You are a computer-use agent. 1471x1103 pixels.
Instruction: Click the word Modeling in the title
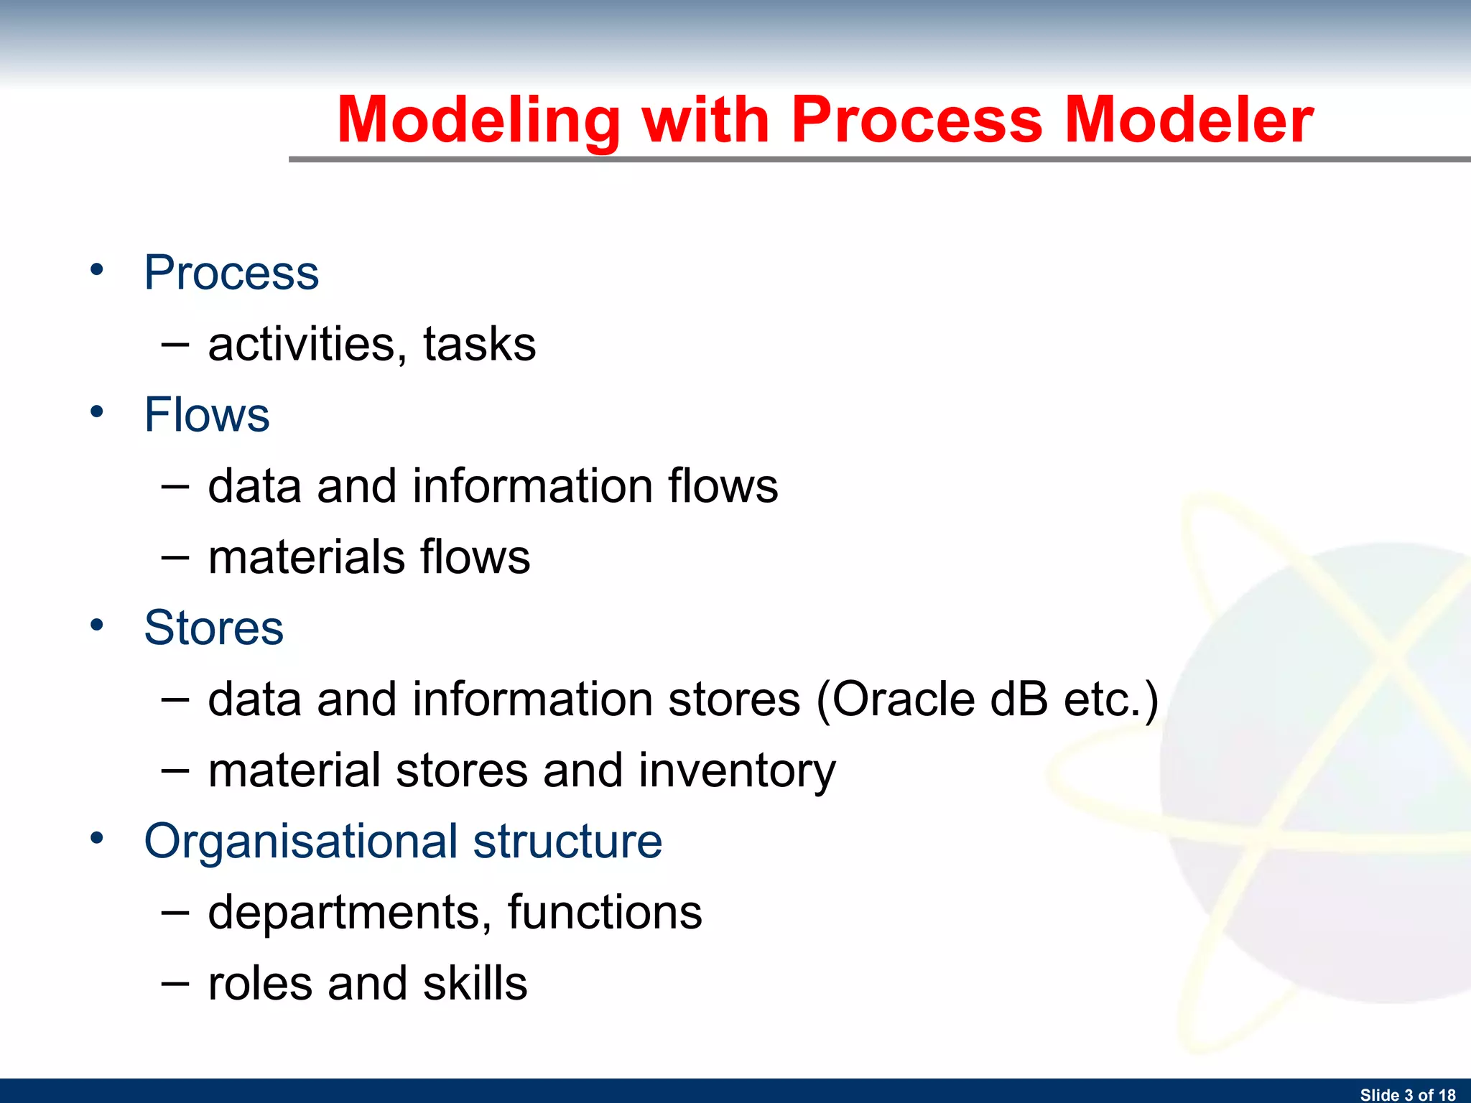click(x=478, y=121)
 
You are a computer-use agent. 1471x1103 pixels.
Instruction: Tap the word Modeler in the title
click(x=1189, y=121)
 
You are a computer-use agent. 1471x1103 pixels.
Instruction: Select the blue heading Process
click(x=231, y=274)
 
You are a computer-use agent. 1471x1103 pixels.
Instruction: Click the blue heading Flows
click(x=207, y=415)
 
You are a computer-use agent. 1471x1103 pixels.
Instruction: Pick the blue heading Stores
click(x=213, y=628)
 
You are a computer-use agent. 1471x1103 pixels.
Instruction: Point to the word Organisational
click(x=300, y=842)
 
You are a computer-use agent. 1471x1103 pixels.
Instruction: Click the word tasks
click(x=479, y=345)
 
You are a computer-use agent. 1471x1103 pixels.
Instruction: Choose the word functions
click(x=605, y=913)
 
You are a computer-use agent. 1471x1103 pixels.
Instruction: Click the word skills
click(x=475, y=984)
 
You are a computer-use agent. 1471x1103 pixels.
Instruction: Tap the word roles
click(x=261, y=984)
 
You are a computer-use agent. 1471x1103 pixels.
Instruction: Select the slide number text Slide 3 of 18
click(x=1407, y=1094)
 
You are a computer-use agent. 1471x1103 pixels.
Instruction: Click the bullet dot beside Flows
click(x=97, y=411)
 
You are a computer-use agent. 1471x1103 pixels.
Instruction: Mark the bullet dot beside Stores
click(x=97, y=625)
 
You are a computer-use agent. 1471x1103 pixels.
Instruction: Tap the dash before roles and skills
click(x=175, y=985)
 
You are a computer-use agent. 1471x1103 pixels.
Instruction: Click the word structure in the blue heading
click(x=567, y=842)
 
